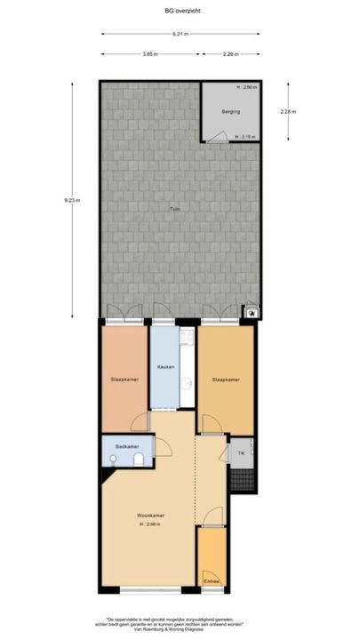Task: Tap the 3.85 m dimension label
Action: point(148,54)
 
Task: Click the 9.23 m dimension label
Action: point(72,200)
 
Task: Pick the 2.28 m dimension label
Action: point(287,112)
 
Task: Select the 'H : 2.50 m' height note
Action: point(246,87)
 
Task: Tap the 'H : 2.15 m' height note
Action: point(246,137)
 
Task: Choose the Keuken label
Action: point(165,367)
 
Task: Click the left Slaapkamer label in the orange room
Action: point(124,379)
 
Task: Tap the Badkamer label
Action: point(126,445)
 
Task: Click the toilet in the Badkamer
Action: point(140,459)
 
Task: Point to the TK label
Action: point(241,453)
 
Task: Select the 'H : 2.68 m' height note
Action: point(150,524)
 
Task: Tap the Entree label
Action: point(211,581)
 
